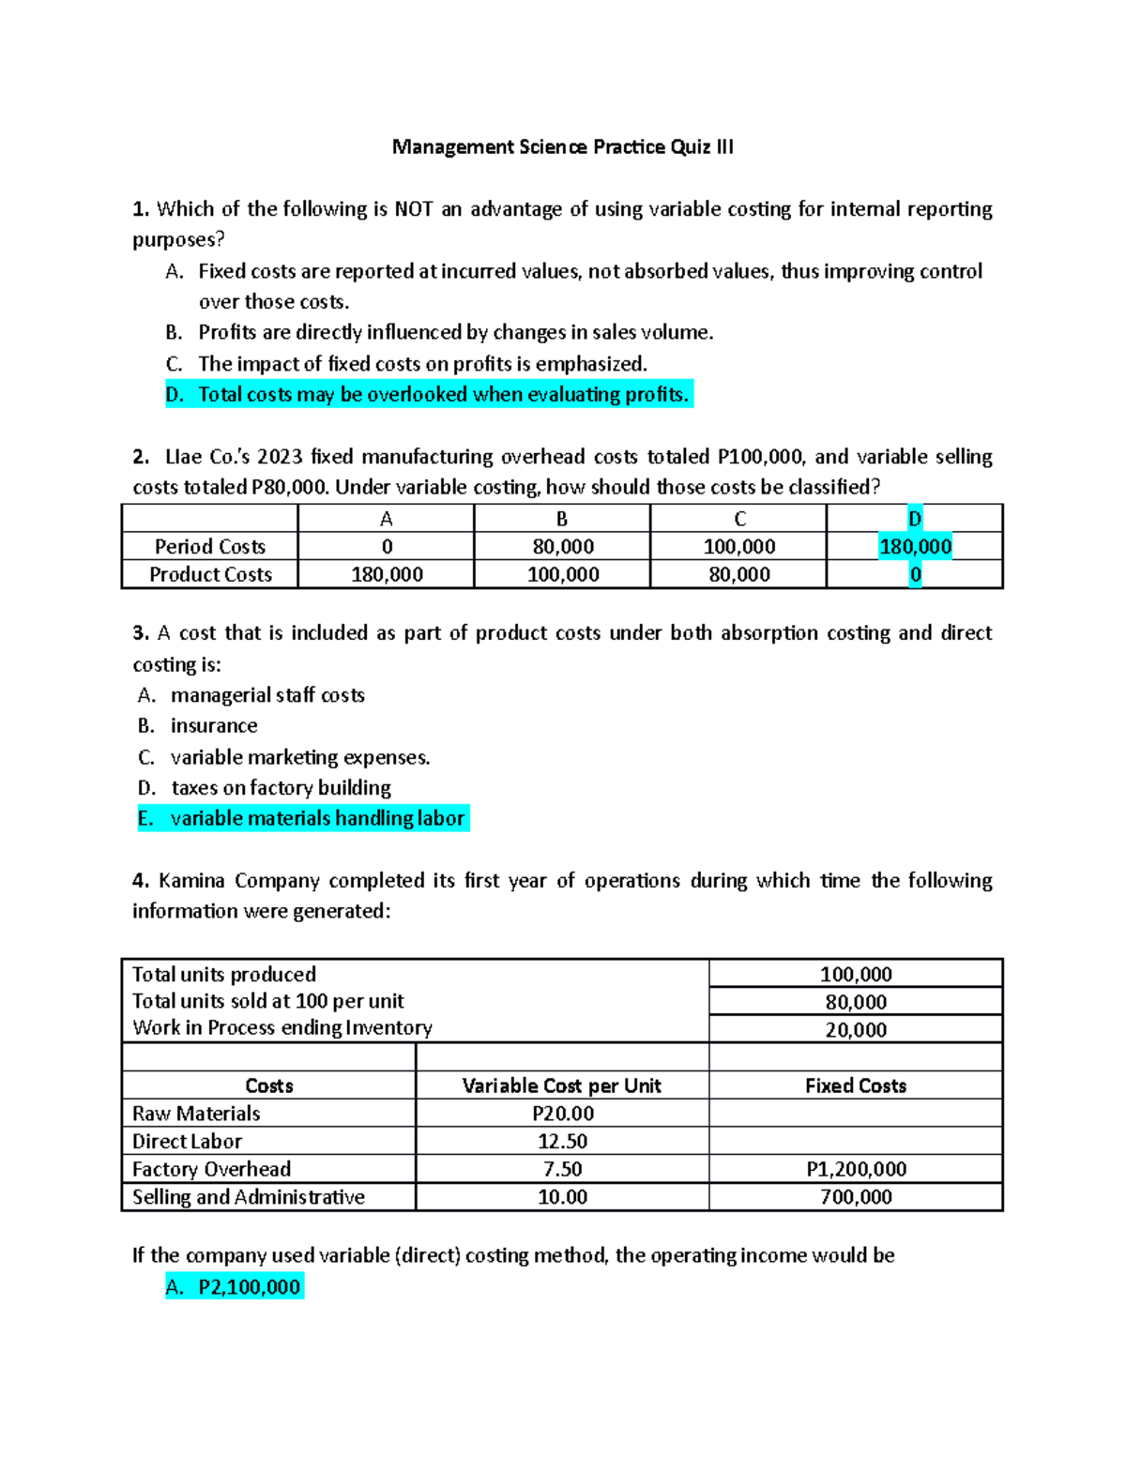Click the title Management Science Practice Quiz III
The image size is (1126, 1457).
click(562, 147)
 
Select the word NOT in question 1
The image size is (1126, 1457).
click(413, 209)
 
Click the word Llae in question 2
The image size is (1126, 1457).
click(184, 457)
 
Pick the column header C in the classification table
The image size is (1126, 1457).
click(739, 519)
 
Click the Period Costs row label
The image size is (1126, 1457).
click(209, 547)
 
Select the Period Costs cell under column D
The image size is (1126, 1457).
click(915, 547)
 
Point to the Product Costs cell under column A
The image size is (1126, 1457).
click(387, 574)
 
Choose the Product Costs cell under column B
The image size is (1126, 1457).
click(563, 574)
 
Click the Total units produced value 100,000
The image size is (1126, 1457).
click(856, 975)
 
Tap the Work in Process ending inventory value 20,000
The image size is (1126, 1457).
click(856, 1030)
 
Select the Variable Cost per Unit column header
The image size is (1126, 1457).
click(561, 1086)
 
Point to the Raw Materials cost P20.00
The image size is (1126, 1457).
click(562, 1114)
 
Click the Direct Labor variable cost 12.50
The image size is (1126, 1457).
click(562, 1142)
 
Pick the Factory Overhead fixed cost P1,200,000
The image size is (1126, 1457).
click(856, 1170)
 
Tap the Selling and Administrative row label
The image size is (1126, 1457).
click(248, 1197)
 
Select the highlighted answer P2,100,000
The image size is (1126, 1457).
click(249, 1287)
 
